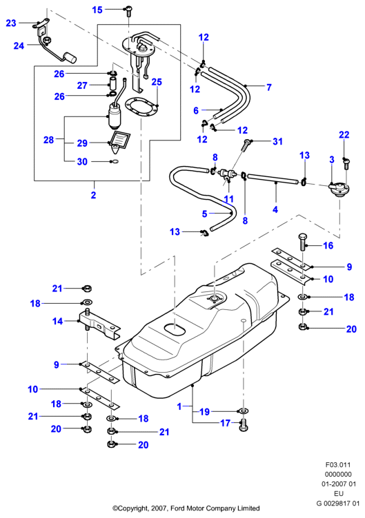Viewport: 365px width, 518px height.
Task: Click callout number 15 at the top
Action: click(97, 10)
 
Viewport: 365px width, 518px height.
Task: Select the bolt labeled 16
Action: click(303, 242)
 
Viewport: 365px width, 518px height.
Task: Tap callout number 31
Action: click(278, 141)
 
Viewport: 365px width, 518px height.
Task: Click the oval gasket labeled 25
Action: click(140, 106)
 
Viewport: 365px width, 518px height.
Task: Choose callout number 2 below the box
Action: click(93, 195)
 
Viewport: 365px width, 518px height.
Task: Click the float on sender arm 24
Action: click(70, 57)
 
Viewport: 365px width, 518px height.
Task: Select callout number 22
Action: click(344, 134)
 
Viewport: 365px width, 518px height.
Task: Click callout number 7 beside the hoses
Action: click(269, 87)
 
